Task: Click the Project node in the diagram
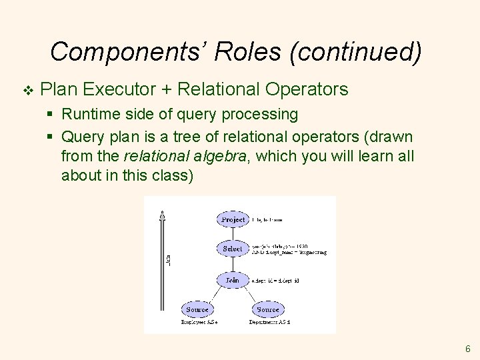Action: point(233,219)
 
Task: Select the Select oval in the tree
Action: point(233,249)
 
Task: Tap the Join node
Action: point(232,281)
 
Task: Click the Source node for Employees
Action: point(197,309)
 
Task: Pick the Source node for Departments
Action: point(268,309)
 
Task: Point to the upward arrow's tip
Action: point(162,213)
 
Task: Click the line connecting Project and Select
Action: point(233,234)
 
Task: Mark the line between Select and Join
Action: point(233,265)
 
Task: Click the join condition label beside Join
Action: point(275,281)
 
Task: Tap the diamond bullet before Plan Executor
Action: point(26,89)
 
